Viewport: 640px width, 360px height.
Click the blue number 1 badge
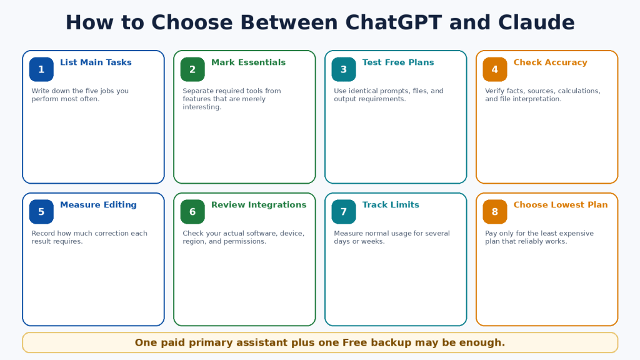coord(41,69)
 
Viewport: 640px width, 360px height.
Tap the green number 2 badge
coord(192,69)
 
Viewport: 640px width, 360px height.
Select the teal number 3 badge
coord(344,69)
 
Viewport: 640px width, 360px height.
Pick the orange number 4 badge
coord(495,69)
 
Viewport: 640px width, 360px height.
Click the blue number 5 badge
coord(41,212)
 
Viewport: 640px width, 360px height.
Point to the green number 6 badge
coord(192,212)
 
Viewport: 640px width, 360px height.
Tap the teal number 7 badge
coord(344,212)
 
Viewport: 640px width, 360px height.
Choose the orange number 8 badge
coord(495,212)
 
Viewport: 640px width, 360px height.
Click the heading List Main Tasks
coord(96,62)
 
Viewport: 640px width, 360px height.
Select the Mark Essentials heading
coord(248,62)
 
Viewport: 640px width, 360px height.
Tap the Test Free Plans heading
coord(398,62)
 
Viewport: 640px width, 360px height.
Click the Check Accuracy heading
coord(550,62)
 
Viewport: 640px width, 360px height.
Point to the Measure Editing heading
coord(98,205)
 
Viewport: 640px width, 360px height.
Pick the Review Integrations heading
coord(259,205)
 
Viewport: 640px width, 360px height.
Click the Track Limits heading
coord(391,205)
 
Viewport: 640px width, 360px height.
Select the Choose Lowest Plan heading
coord(561,205)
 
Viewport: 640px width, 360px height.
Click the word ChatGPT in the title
coord(394,22)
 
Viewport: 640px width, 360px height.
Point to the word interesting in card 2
coord(202,107)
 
